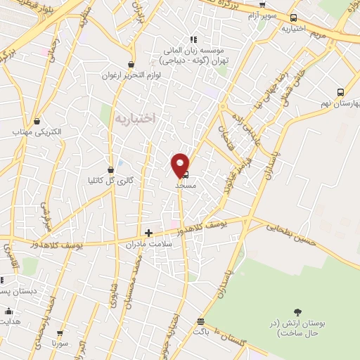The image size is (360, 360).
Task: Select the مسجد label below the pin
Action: coord(184,186)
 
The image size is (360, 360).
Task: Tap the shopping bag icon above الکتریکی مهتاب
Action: coord(36,121)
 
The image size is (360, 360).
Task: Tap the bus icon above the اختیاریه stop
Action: coord(293,18)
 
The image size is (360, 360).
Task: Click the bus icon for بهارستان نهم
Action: coord(341,92)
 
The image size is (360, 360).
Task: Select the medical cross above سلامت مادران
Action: coord(148,233)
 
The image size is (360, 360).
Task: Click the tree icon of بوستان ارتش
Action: coord(298,311)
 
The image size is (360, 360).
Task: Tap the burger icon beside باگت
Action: coord(201,321)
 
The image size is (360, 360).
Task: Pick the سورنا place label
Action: coord(60,345)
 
